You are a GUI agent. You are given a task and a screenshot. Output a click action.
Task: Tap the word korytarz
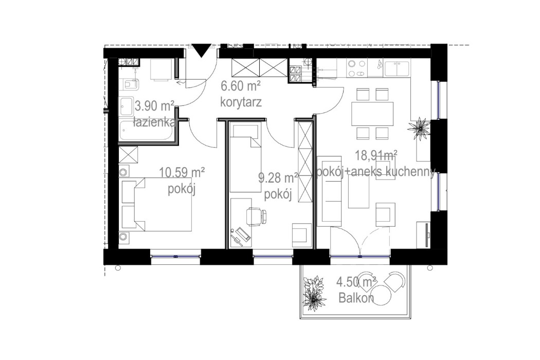point(241,102)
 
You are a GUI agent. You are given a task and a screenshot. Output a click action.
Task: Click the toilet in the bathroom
point(128,84)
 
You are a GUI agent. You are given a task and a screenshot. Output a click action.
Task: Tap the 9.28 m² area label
point(278,179)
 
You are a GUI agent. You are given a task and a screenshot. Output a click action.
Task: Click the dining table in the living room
point(372,114)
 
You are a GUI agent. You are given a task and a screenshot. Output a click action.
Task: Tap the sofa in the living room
point(330,191)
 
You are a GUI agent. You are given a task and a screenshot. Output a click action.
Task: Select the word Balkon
point(355,297)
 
